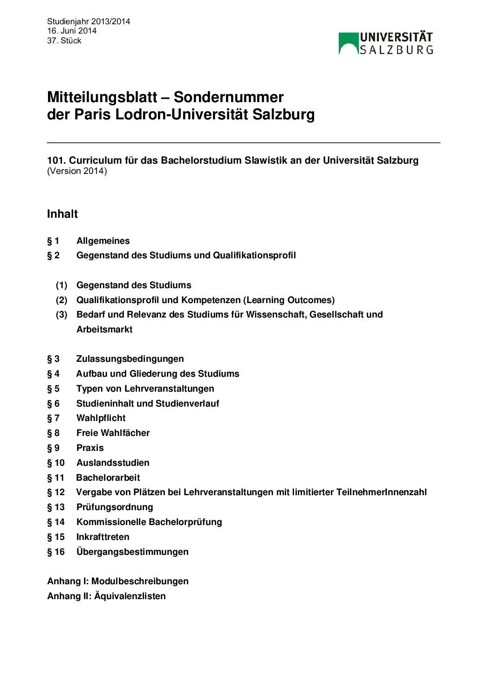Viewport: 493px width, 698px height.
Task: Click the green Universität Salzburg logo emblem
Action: pyautogui.click(x=348, y=43)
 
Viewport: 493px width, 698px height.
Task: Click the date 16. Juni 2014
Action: pyautogui.click(x=72, y=31)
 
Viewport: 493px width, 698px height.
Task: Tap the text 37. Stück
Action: pyautogui.click(x=64, y=41)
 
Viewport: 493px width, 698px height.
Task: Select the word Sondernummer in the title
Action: pyautogui.click(x=228, y=97)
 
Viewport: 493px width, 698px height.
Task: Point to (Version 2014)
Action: pyautogui.click(x=77, y=171)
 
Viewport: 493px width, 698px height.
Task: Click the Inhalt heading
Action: pyautogui.click(x=62, y=214)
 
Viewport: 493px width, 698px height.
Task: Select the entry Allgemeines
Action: pyautogui.click(x=103, y=241)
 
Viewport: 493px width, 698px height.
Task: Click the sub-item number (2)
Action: pyautogui.click(x=62, y=300)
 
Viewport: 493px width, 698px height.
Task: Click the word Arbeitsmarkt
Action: pyautogui.click(x=104, y=329)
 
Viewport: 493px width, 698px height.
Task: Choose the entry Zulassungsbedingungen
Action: pyautogui.click(x=130, y=359)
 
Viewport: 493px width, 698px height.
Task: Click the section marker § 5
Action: pyautogui.click(x=53, y=389)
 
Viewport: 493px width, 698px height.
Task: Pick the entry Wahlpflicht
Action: pyautogui.click(x=101, y=418)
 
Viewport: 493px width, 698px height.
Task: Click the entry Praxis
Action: pyautogui.click(x=90, y=448)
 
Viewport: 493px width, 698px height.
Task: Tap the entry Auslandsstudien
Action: pyautogui.click(x=113, y=463)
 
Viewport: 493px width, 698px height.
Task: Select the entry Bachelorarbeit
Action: pyautogui.click(x=108, y=478)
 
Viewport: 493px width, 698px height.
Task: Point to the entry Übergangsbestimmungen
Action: pyautogui.click(x=132, y=552)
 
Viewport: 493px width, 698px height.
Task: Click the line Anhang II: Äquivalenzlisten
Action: pyautogui.click(x=106, y=596)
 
